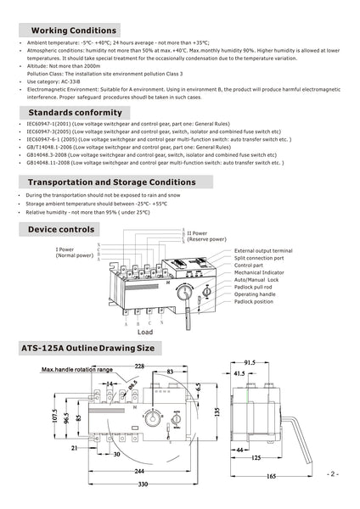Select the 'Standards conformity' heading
pos(75,112)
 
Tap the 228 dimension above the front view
pos(138,366)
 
